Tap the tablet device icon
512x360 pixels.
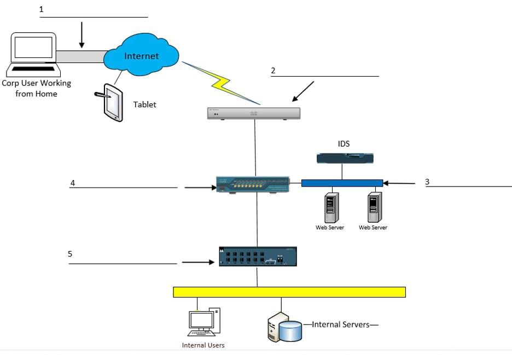[112, 102]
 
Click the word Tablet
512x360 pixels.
[144, 104]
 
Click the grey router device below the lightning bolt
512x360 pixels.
[254, 113]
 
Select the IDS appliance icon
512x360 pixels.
[345, 159]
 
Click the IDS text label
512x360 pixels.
[344, 144]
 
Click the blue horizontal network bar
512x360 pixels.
[342, 183]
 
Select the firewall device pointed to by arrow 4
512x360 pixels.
[253, 184]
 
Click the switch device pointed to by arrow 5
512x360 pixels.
[258, 256]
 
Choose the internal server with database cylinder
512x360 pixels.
[284, 327]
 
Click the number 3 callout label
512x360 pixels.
[427, 182]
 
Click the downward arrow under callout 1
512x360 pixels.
[82, 35]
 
